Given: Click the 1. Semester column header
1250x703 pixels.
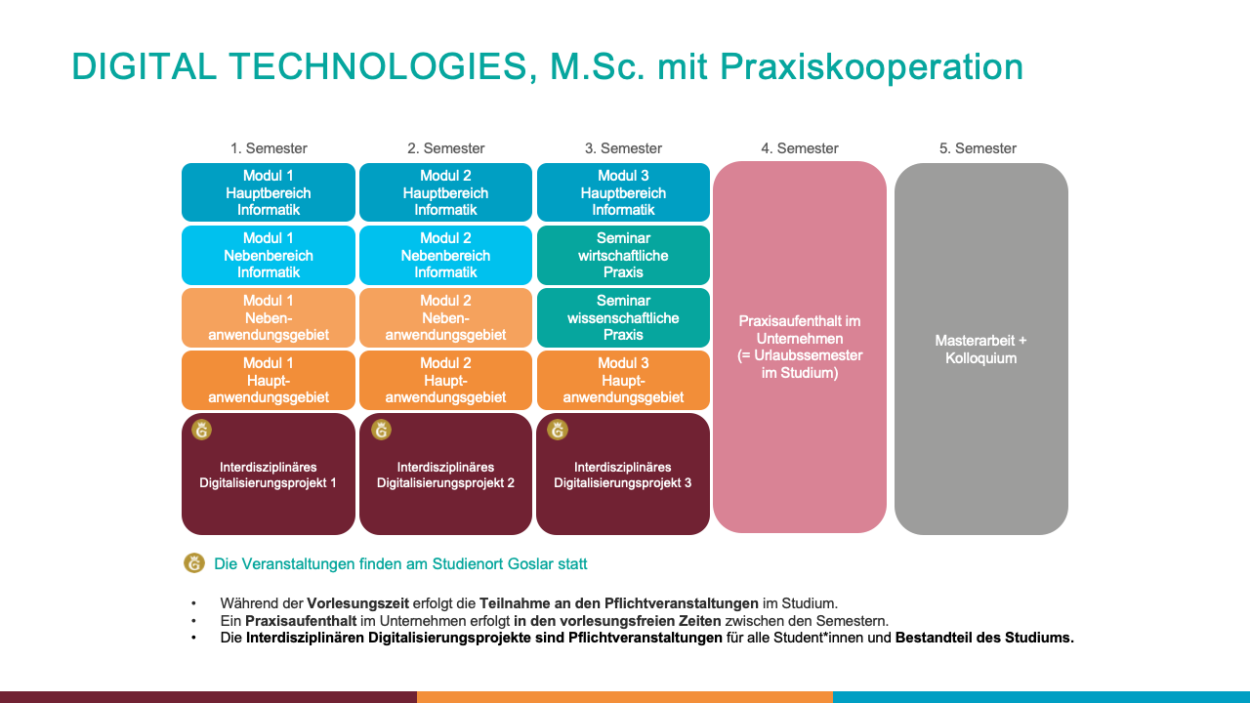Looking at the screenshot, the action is pos(269,148).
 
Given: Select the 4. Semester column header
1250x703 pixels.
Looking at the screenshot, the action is pos(800,148).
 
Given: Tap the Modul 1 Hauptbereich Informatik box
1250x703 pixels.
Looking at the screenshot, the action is pos(269,192).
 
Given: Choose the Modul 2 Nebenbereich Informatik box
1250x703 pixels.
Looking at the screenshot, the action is pos(445,255).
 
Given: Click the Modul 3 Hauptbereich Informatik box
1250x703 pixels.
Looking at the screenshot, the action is pos(623,192).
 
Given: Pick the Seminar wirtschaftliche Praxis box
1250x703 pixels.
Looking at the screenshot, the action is pos(623,255).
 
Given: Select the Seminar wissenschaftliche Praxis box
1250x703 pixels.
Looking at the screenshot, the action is pos(623,317).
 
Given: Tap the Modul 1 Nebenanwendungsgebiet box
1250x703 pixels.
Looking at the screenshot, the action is pos(269,317).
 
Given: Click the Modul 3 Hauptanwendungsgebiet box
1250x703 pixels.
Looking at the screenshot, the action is pos(623,380).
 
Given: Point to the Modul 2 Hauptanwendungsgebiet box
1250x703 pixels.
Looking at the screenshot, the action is pos(445,380).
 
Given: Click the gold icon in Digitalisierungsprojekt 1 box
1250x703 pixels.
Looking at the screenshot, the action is pos(201,431).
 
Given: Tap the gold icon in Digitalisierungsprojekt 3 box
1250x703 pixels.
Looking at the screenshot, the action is pos(558,431).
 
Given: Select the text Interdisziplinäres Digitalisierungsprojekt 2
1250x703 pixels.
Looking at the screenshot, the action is pos(445,475).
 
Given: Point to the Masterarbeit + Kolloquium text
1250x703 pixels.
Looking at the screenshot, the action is pos(980,350).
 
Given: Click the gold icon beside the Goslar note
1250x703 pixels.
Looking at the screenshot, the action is pos(194,563).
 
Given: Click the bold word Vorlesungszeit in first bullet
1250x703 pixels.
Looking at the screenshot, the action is pos(357,603).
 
